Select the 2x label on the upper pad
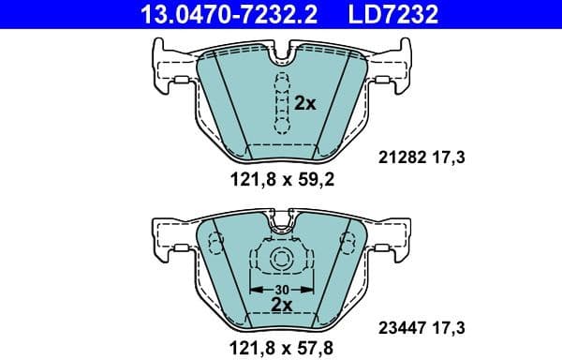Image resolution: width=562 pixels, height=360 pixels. [305, 104]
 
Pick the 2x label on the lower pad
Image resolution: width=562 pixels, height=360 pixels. [280, 305]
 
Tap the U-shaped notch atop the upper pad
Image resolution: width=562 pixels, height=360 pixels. [280, 61]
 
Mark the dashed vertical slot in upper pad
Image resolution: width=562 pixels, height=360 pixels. [280, 103]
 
